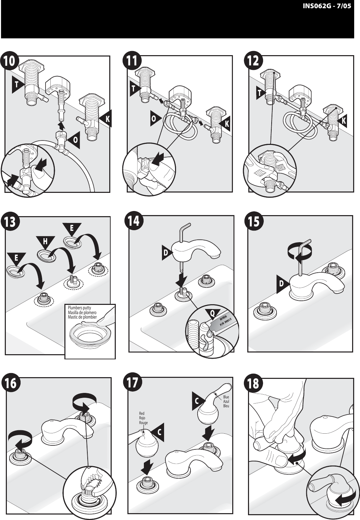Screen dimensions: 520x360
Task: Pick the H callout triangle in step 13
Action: (x=45, y=242)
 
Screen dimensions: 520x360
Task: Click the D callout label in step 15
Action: (x=282, y=284)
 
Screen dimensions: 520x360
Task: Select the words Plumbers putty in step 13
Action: (x=79, y=308)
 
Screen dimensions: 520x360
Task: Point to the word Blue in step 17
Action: (x=226, y=397)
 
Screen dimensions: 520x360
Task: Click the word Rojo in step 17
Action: (x=142, y=418)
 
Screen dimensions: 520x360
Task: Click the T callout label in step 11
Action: (x=134, y=89)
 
